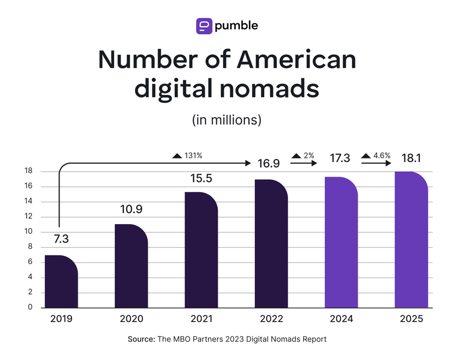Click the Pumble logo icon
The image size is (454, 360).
[204, 26]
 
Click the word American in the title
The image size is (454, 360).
[296, 60]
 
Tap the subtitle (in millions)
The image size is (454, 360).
[226, 120]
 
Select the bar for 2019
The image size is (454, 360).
[61, 283]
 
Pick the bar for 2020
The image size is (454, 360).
[131, 268]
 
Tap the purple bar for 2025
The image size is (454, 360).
[411, 240]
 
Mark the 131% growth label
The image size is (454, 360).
[187, 156]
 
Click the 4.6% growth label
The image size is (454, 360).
[376, 156]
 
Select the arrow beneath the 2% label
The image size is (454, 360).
[304, 164]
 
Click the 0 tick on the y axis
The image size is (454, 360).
[30, 307]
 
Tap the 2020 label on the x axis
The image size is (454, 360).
[131, 319]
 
